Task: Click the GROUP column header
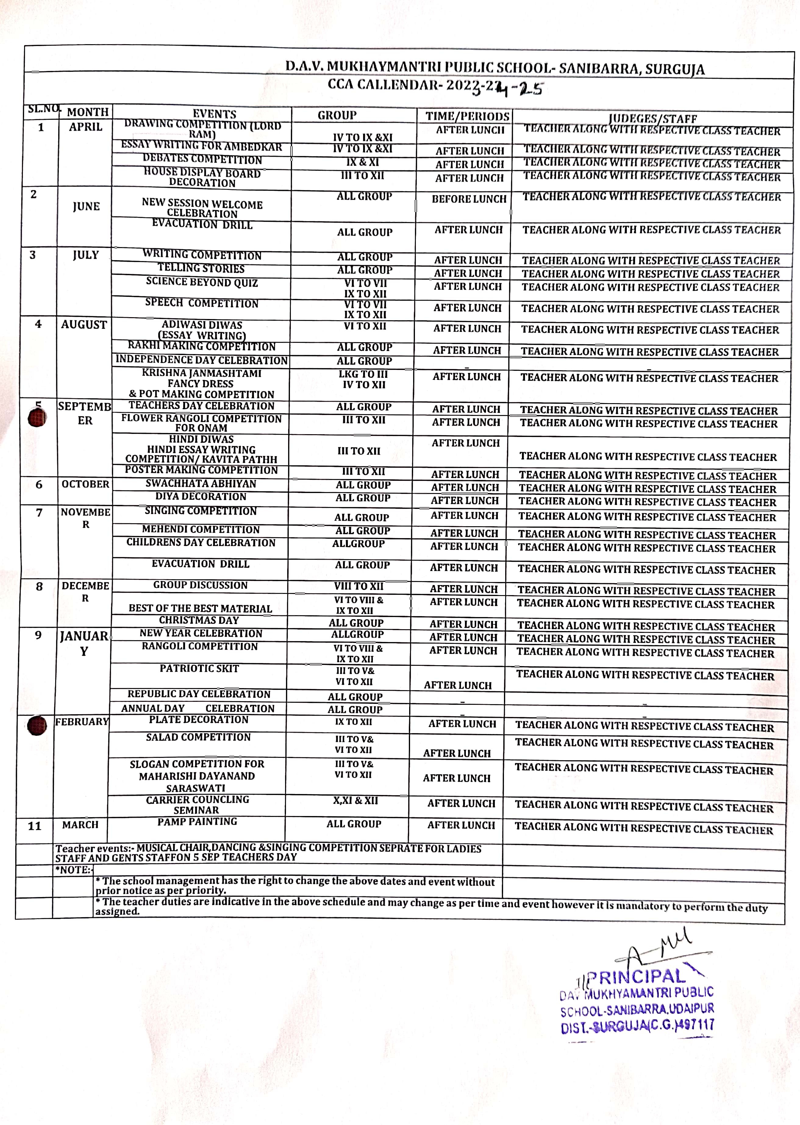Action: click(337, 115)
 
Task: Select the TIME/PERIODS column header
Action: click(467, 116)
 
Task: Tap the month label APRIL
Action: click(86, 127)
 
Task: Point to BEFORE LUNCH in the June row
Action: click(469, 199)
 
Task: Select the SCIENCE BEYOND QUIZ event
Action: click(202, 282)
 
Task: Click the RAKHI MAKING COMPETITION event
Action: click(202, 346)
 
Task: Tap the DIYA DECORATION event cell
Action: click(201, 497)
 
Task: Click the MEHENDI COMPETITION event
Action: click(201, 529)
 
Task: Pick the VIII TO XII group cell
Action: click(359, 586)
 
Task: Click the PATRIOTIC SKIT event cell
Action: click(199, 669)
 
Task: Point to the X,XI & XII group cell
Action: click(355, 800)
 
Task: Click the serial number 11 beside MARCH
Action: click(34, 826)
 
